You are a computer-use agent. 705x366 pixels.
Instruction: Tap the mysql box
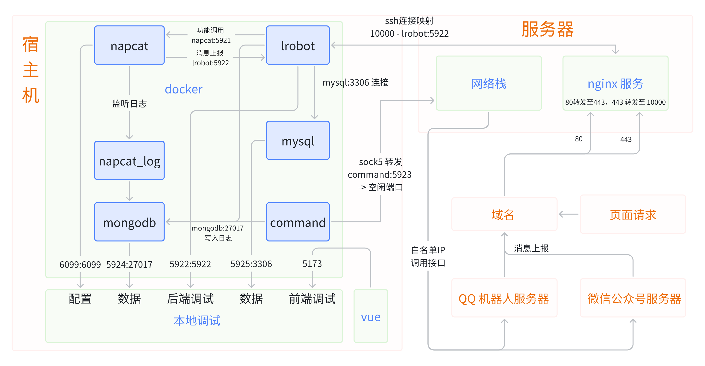[x=298, y=141]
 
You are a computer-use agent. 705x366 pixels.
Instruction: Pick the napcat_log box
[x=129, y=161]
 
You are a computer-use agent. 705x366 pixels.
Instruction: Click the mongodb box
[x=129, y=222]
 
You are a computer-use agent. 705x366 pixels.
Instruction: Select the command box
[x=298, y=222]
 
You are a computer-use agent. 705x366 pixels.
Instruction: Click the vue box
[x=371, y=316]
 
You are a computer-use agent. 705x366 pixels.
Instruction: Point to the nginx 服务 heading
[x=615, y=84]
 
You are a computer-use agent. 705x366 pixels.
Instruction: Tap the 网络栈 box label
[x=489, y=84]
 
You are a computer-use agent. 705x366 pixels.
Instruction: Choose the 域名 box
[x=504, y=215]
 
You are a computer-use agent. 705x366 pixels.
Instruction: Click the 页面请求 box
[x=633, y=215]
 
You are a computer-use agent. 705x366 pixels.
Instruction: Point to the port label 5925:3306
[x=251, y=264]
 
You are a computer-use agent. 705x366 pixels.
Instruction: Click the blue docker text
[x=183, y=89]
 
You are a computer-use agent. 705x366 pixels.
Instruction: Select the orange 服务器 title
[x=547, y=29]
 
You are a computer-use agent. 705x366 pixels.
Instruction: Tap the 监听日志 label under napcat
[x=129, y=104]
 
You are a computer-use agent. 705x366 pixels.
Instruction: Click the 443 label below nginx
[x=626, y=139]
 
